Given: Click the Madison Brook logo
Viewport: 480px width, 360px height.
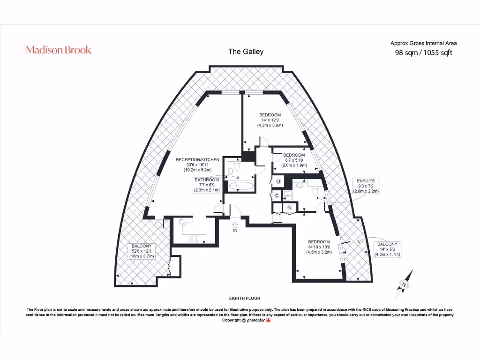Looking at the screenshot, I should pyautogui.click(x=59, y=50).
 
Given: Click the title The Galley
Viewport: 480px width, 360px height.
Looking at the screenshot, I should pyautogui.click(x=246, y=52).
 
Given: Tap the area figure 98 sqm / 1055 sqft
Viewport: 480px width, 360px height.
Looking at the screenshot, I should pyautogui.click(x=423, y=52).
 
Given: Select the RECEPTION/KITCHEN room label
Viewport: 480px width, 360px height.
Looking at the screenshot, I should pyautogui.click(x=197, y=165).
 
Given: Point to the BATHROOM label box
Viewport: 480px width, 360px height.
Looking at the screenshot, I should pyautogui.click(x=207, y=185).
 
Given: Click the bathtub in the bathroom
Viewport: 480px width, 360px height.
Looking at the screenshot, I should pyautogui.click(x=241, y=187).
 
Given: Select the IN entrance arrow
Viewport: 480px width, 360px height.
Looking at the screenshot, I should pyautogui.click(x=235, y=227).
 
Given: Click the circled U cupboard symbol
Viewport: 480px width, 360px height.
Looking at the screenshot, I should pyautogui.click(x=278, y=181).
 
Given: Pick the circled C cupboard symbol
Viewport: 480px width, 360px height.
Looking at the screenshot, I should pyautogui.click(x=277, y=195).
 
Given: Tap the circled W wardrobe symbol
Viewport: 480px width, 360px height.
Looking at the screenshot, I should pyautogui.click(x=289, y=207).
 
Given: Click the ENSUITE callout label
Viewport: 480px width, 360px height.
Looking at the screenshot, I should pyautogui.click(x=366, y=186).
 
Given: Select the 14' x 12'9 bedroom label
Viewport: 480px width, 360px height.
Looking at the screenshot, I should pyautogui.click(x=270, y=120).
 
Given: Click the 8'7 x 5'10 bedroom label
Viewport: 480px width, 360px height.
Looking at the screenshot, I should pyautogui.click(x=294, y=160).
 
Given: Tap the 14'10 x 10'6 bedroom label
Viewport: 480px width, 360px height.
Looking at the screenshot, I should pyautogui.click(x=319, y=247).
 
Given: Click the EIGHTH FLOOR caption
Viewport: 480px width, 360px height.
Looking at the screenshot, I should pyautogui.click(x=244, y=298).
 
